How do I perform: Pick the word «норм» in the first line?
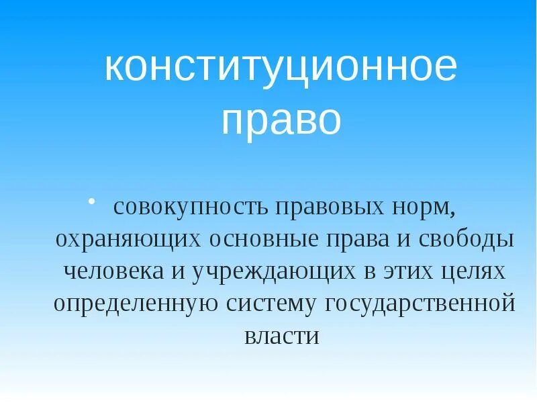pos(422,208)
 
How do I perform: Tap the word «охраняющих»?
pos(129,240)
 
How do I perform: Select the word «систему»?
pos(271,304)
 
